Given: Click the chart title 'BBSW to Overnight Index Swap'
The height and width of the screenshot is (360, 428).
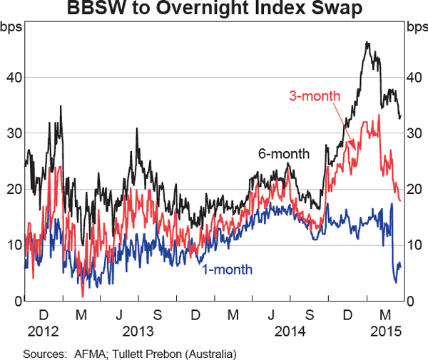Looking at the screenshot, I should click(x=214, y=9).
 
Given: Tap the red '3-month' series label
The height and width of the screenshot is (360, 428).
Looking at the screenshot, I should click(x=315, y=96).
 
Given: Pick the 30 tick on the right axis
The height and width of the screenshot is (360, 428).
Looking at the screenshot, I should click(x=414, y=133).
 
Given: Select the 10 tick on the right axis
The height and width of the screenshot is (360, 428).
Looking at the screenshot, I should click(x=414, y=245).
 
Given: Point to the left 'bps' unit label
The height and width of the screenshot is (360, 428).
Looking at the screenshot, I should click(x=12, y=28).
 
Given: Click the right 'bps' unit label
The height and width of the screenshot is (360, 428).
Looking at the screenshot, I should click(x=415, y=28).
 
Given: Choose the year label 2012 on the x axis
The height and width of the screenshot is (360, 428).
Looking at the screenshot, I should click(x=42, y=331).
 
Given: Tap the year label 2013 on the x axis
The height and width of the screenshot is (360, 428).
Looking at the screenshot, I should click(x=138, y=331).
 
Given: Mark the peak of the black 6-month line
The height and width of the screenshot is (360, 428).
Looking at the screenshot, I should click(x=367, y=43).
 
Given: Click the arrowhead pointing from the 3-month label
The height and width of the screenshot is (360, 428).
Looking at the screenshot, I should click(x=355, y=148).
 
